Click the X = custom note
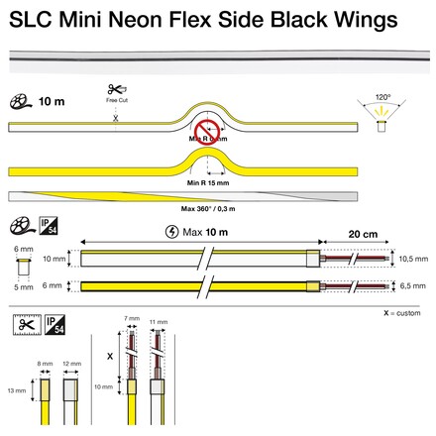[402, 313]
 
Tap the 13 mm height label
[17, 389]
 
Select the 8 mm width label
[44, 365]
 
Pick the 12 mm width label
[70, 365]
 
